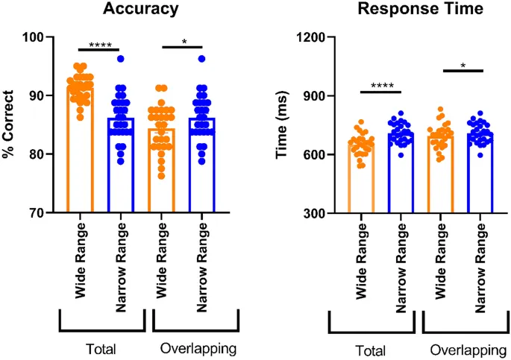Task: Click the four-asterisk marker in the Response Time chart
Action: (x=380, y=88)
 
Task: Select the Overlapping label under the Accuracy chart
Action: (x=195, y=347)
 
